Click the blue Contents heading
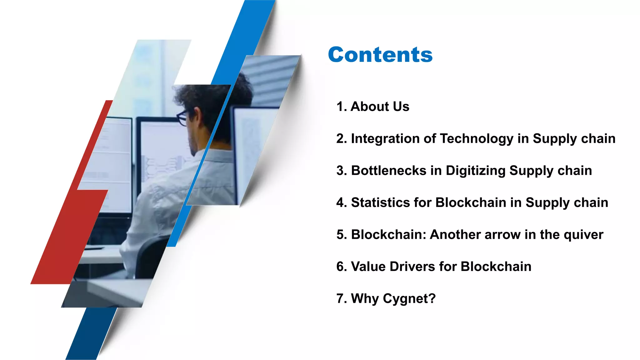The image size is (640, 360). [380, 55]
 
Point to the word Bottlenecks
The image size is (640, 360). [388, 171]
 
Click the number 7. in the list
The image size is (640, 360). [341, 298]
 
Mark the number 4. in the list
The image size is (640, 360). [341, 202]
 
